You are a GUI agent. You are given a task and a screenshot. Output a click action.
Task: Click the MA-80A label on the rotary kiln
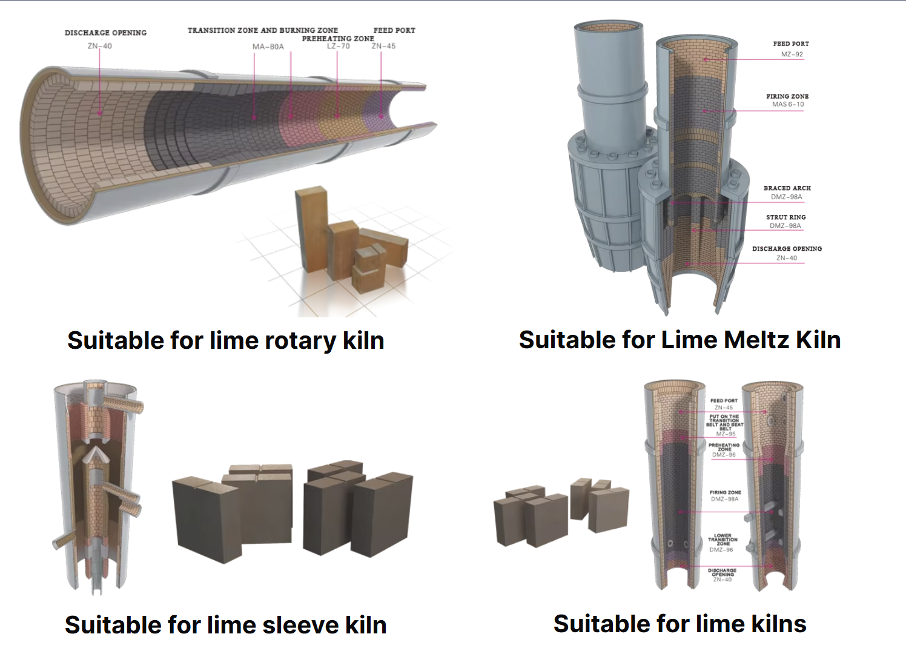[x=268, y=47]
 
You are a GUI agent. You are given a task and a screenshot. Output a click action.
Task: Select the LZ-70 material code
[x=338, y=46]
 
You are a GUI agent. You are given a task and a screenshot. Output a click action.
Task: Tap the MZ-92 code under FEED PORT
[x=792, y=54]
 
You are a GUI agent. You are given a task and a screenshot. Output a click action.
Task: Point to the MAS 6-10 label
[x=788, y=104]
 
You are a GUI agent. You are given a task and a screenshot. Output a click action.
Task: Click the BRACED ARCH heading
[x=787, y=188]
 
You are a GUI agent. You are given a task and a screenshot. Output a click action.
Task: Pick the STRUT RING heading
[x=786, y=217]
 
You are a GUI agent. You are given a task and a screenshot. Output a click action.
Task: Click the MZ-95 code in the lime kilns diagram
[x=726, y=434]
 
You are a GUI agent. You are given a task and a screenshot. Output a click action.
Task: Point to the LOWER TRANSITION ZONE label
[x=722, y=540]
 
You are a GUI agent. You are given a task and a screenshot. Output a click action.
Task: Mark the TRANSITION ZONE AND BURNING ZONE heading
[x=262, y=30]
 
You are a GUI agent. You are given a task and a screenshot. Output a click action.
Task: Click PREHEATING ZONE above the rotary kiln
[x=338, y=38]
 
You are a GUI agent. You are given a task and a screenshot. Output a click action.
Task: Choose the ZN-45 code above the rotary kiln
[x=383, y=46]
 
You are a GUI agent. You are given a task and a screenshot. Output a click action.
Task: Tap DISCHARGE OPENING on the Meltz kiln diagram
[x=787, y=249]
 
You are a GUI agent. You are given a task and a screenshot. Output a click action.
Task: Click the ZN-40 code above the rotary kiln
[x=99, y=46]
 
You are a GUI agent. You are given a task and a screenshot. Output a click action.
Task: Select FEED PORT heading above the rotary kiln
[x=394, y=30]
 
